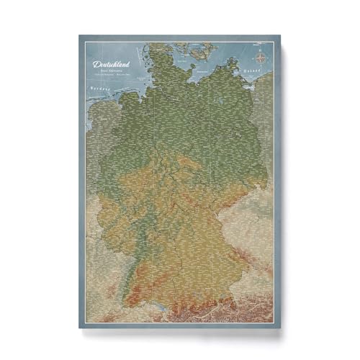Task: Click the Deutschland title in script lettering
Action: pos(113,64)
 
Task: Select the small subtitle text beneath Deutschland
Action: pos(113,74)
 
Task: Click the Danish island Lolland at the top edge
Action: pos(193,46)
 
